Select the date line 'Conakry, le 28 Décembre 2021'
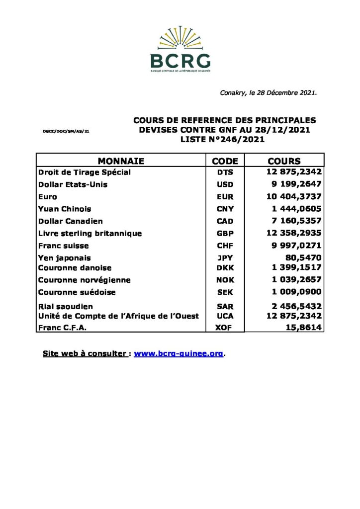268,93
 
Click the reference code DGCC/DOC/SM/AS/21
66,131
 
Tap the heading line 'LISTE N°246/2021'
222,140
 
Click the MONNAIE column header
121,161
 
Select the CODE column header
225,161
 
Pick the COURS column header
284,161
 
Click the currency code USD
225,184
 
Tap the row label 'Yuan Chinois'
65,209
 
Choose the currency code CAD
225,221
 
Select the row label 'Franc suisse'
64,246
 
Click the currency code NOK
225,280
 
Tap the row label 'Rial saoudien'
66,307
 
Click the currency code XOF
225,328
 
